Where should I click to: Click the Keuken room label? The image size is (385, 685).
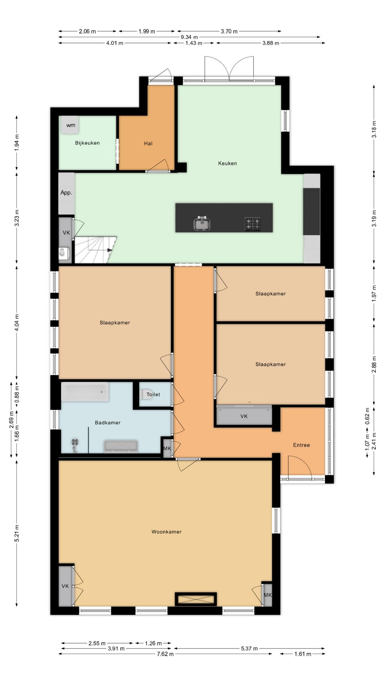coord(227,163)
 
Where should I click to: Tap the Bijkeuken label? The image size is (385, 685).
coord(87,143)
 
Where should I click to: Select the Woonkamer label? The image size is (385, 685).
coord(166,532)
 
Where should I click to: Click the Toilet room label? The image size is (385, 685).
coord(153,395)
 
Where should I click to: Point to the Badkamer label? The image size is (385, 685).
coord(108,423)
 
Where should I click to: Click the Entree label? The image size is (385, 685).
coord(302,445)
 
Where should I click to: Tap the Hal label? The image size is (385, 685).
coord(148,143)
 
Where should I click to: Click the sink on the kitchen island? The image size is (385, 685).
coord(202,224)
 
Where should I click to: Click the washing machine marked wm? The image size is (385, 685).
coord(70,125)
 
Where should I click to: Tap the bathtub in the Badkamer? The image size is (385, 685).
coord(85,392)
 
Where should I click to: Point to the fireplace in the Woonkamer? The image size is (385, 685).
coord(196,599)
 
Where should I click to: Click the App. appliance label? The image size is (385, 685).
coord(66,193)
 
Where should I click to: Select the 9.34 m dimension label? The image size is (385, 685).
coord(189,37)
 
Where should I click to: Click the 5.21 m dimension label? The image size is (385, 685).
coord(17,533)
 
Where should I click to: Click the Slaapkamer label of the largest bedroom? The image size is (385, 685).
coord(115,323)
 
